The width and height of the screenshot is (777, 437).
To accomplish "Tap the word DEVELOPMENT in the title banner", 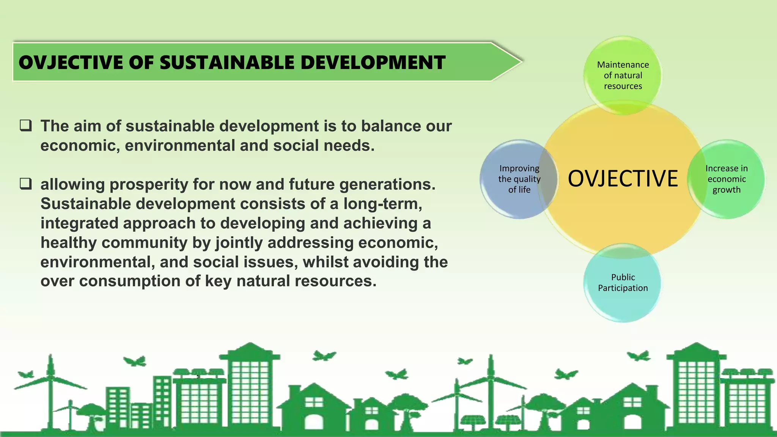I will click(x=373, y=63).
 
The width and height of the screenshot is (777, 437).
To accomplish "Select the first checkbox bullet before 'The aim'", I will click(x=26, y=125).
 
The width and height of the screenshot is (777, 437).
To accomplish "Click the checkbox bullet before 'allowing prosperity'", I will click(x=26, y=184).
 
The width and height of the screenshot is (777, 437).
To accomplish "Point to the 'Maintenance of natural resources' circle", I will click(x=623, y=75).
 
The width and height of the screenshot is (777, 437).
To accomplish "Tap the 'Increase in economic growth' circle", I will click(x=726, y=179).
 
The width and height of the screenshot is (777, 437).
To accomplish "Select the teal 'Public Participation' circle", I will click(x=623, y=283).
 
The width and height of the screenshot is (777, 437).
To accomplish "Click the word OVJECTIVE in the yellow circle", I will click(x=623, y=179).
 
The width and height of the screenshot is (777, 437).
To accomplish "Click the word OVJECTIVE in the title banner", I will click(x=71, y=63).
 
